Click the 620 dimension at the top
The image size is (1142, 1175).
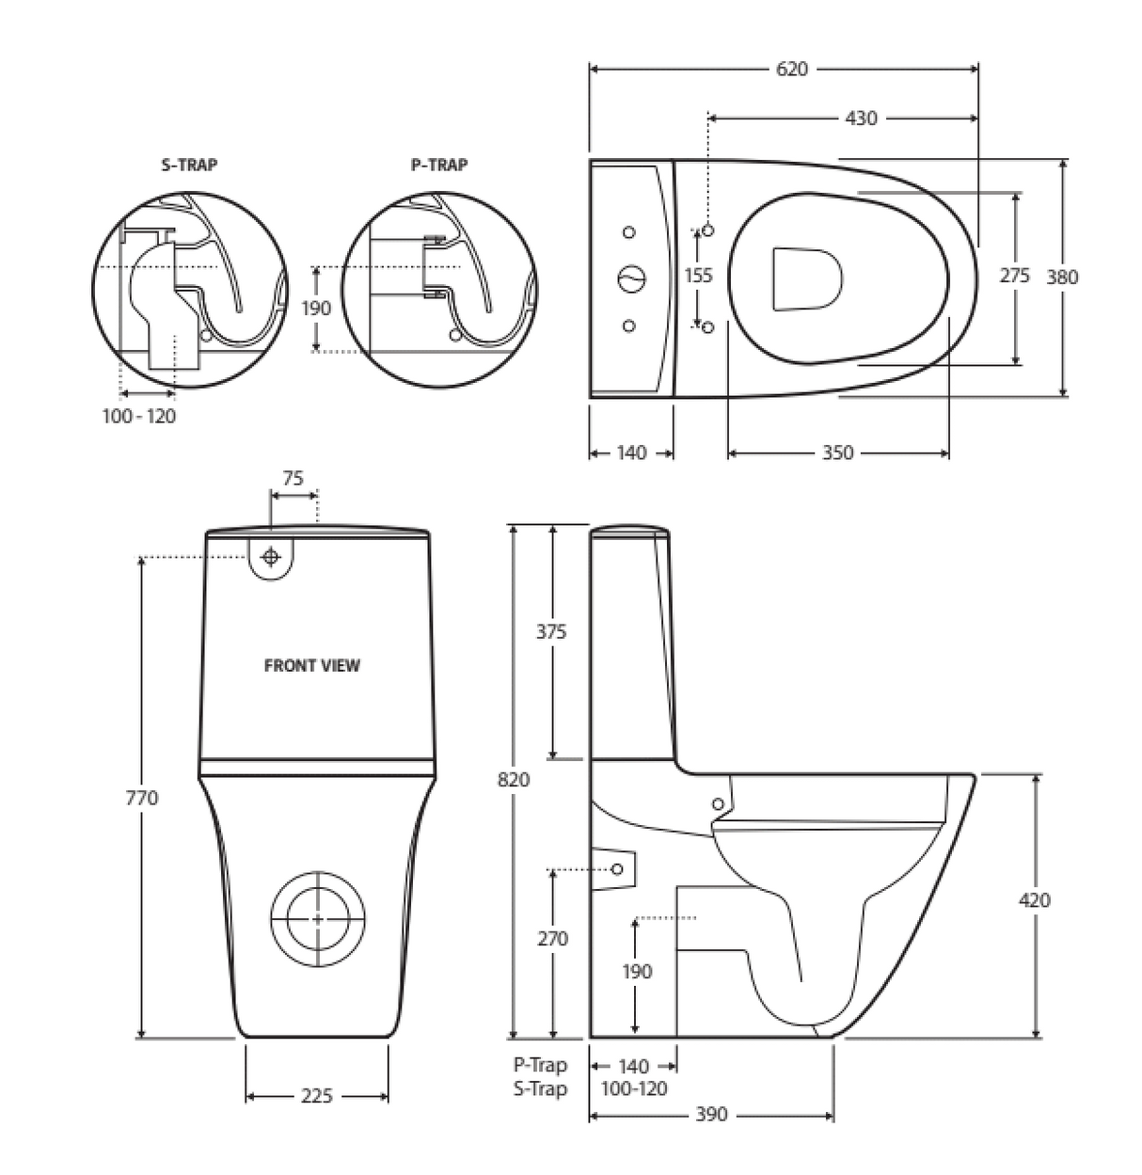coord(792,69)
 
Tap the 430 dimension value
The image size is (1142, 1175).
coord(861,119)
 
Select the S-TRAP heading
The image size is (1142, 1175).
coord(189,165)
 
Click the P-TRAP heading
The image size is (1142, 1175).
coord(439,165)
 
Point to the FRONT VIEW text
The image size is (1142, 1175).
coord(311,665)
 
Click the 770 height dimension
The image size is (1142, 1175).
coord(142,798)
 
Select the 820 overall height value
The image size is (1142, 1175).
coord(514,779)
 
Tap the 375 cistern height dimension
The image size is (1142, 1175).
coord(551,632)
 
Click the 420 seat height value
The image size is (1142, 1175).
coord(1034,900)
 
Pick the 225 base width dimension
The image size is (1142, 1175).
coord(317,1096)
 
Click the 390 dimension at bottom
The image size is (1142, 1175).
coord(711,1115)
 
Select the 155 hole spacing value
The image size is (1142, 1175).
coord(698,276)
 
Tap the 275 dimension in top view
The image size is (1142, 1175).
coord(1014,277)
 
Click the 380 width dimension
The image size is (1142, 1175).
coord(1063,277)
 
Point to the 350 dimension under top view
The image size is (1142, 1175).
coord(837,453)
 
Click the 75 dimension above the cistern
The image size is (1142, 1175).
coord(293,478)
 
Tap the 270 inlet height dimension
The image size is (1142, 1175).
coord(552,939)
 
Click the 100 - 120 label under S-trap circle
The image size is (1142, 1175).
coord(139,416)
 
